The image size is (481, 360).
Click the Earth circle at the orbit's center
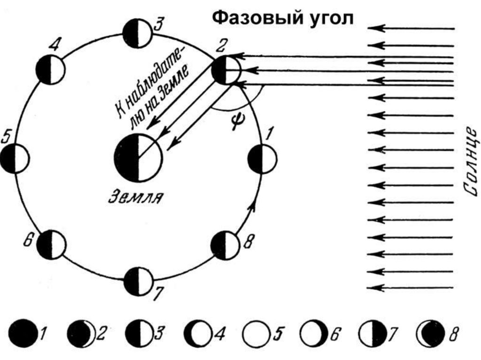click(x=138, y=158)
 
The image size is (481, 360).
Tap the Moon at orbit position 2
click(x=226, y=70)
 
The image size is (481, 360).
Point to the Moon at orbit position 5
click(x=15, y=159)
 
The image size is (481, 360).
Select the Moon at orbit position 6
click(x=52, y=245)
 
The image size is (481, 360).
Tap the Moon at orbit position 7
click(x=139, y=280)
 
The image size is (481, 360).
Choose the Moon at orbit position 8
click(x=225, y=244)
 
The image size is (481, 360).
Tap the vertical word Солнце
click(x=470, y=160)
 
